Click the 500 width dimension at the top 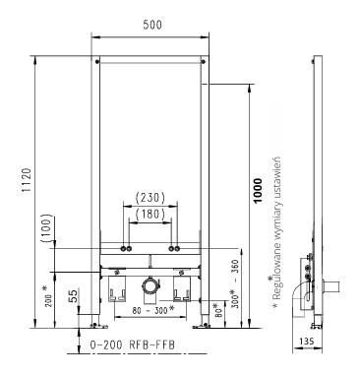(152, 25)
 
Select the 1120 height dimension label (27, 180)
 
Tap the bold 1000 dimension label (258, 190)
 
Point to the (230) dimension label (150, 198)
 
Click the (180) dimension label (150, 214)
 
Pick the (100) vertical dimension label (47, 228)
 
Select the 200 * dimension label (47, 295)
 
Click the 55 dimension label (74, 296)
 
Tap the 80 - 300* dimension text (152, 309)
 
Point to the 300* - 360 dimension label (235, 283)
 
